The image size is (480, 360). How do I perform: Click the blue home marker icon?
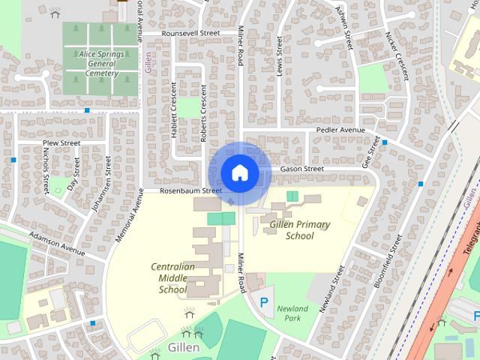pyautogui.click(x=239, y=172)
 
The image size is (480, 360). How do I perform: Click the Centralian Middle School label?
pyautogui.click(x=172, y=277)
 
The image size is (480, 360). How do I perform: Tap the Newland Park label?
pyautogui.click(x=292, y=313)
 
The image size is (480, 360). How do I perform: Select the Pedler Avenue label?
pyautogui.click(x=340, y=130)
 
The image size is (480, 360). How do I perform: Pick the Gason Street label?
pyautogui.click(x=302, y=169)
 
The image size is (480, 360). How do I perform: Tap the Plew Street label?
pyautogui.click(x=61, y=142)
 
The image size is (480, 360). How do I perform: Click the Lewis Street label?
pyautogui.click(x=278, y=57)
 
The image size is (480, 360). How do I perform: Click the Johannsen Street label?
pyautogui.click(x=100, y=184)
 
